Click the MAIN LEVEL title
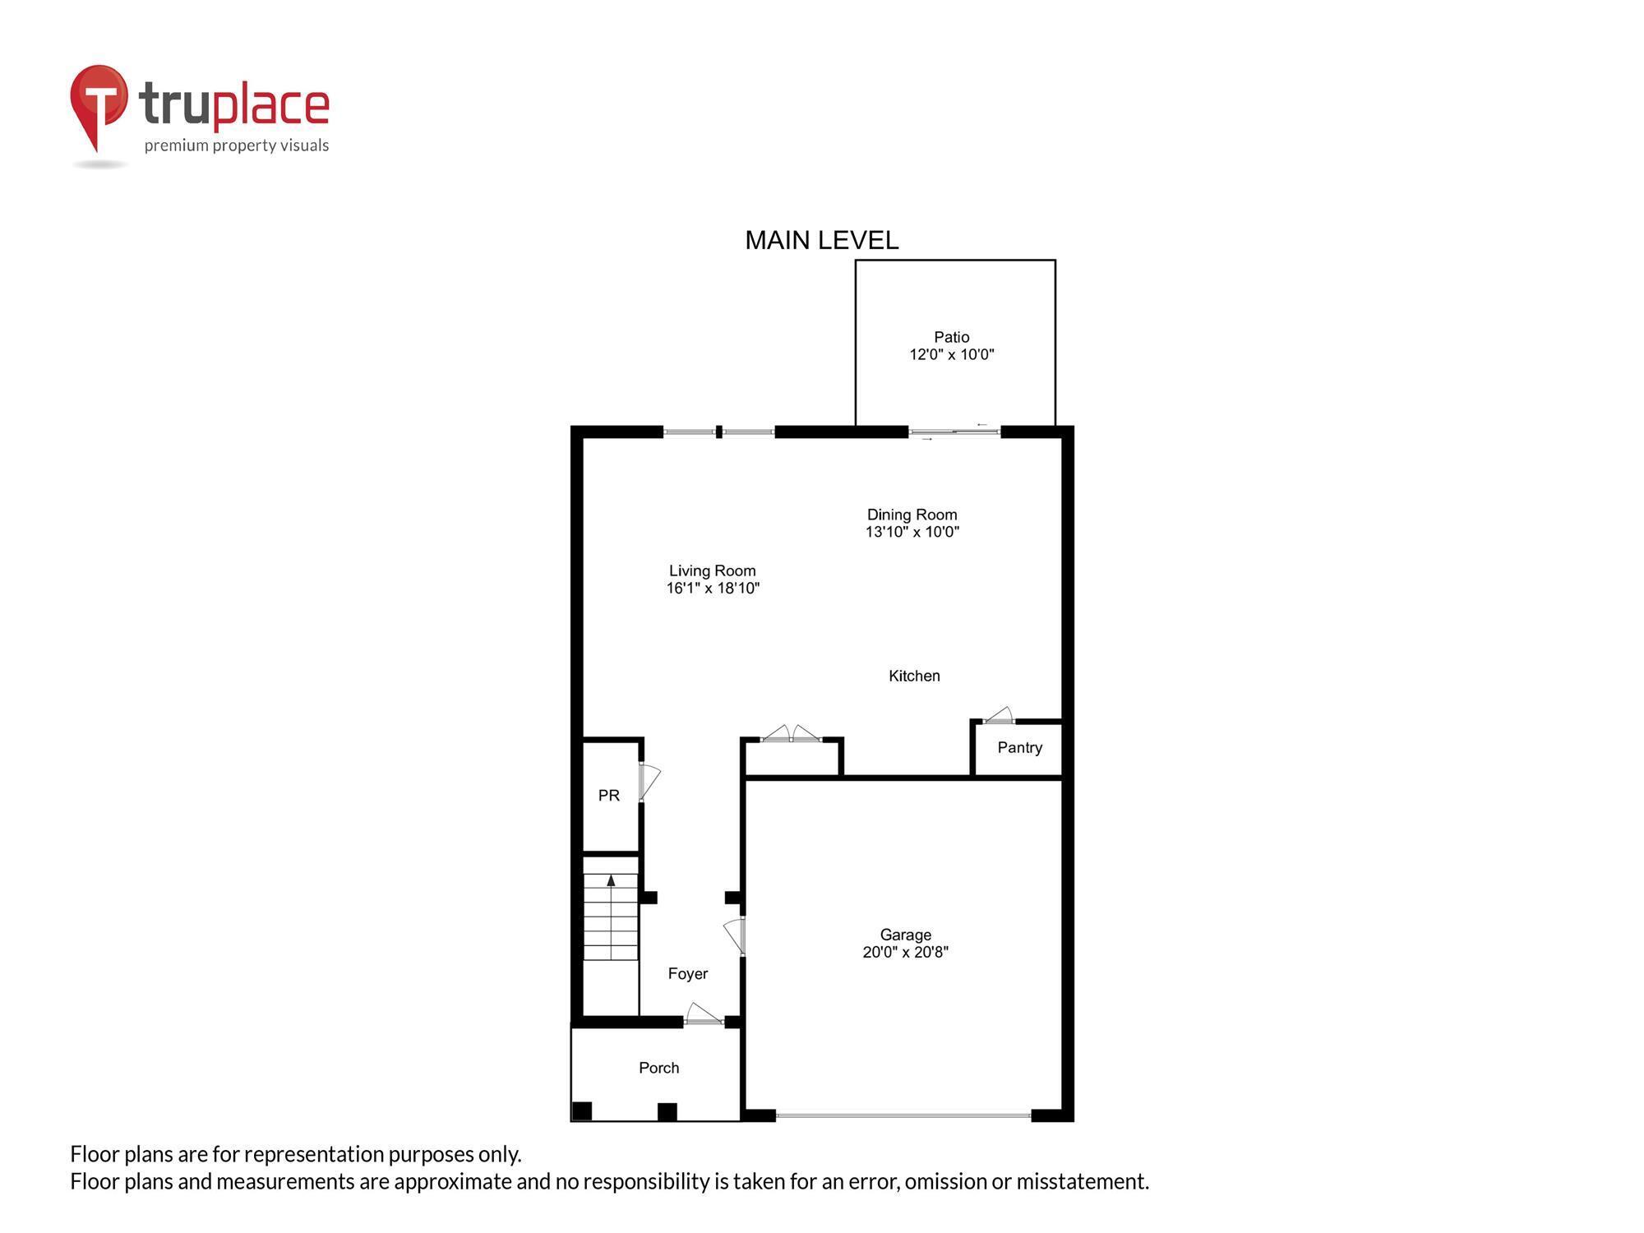tap(821, 240)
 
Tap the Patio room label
tap(951, 337)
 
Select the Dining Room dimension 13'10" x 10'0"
tap(912, 532)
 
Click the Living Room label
tap(712, 570)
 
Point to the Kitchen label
tap(914, 676)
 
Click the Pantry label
tap(1019, 747)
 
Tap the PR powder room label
tap(608, 795)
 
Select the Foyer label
tap(687, 973)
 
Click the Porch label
tap(658, 1068)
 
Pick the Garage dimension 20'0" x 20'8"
tap(905, 952)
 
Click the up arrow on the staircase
tap(611, 880)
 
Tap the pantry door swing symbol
tap(999, 715)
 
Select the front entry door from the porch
tap(703, 1015)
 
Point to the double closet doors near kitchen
tap(791, 734)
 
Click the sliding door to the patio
tap(954, 432)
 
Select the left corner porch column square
tap(582, 1111)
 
